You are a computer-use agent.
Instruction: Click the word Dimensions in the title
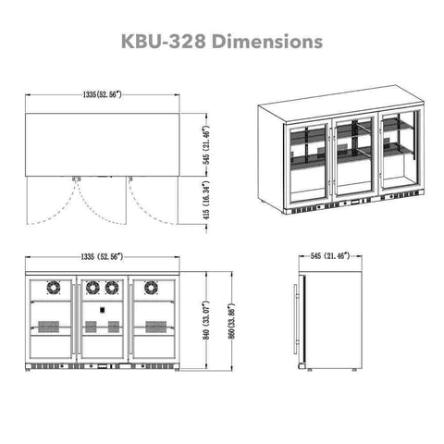(267, 42)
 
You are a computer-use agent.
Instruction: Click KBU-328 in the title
(164, 42)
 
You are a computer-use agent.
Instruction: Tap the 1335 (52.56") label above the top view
(103, 94)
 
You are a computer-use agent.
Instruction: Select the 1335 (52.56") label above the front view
(103, 256)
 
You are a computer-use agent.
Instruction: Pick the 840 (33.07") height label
(206, 321)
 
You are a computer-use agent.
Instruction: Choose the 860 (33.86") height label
(232, 321)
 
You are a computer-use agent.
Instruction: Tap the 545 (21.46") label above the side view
(330, 256)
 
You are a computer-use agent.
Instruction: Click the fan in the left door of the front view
(54, 288)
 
